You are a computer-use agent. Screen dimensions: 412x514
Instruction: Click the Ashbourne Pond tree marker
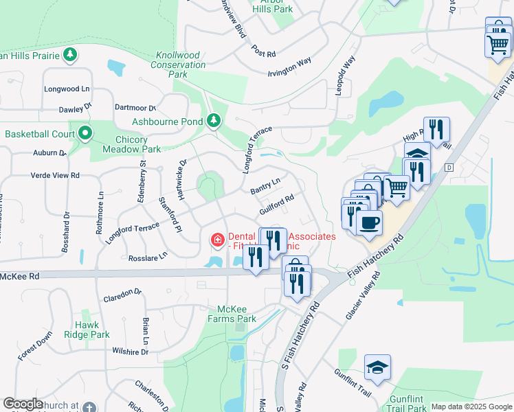pyautogui.click(x=214, y=122)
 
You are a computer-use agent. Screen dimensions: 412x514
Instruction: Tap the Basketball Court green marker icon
pyautogui.click(x=85, y=133)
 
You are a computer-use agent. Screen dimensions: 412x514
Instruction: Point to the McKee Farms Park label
pyautogui.click(x=236, y=314)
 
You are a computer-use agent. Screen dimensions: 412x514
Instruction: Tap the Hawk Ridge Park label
pyautogui.click(x=92, y=330)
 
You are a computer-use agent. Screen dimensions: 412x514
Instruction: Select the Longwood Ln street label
pyautogui.click(x=67, y=89)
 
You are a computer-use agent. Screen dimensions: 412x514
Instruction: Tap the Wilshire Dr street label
pyautogui.click(x=131, y=352)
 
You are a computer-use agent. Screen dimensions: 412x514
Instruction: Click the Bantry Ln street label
pyautogui.click(x=265, y=186)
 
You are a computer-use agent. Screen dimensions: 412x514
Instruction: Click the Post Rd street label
pyautogui.click(x=263, y=53)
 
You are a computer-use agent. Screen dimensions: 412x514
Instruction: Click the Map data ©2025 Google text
pyautogui.click(x=471, y=407)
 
